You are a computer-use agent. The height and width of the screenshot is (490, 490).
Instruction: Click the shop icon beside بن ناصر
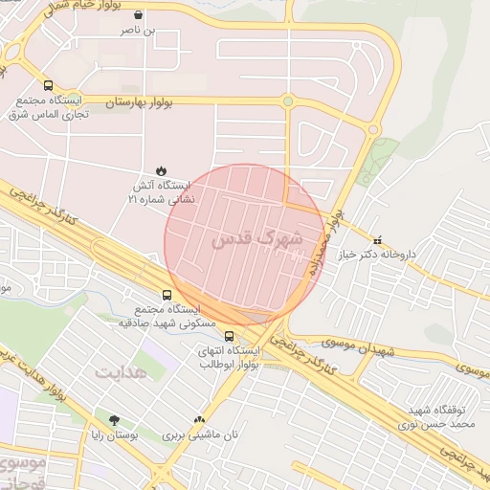tap(141, 15)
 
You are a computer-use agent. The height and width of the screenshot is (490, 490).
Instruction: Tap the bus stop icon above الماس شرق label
tap(48, 84)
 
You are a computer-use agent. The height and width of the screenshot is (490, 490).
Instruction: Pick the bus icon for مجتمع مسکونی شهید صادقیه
tap(167, 295)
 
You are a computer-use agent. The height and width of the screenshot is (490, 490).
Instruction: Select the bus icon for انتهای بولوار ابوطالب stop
tap(229, 336)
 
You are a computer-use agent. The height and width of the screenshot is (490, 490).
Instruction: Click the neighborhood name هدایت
tap(122, 370)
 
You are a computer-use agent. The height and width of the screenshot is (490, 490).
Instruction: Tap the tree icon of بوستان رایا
tap(115, 419)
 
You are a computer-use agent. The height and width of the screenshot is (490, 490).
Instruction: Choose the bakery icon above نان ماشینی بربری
tap(199, 419)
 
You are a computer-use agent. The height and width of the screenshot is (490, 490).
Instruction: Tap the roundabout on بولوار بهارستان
tap(287, 100)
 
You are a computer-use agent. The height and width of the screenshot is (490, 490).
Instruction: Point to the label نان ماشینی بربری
tap(199, 434)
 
